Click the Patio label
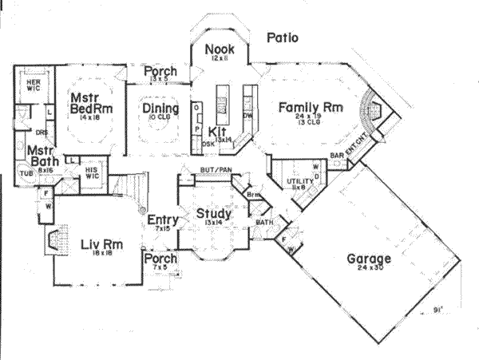point(283,37)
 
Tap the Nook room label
point(218,49)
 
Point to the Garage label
point(368,259)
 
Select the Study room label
point(213,214)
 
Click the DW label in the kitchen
point(247,116)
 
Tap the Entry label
point(162,220)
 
